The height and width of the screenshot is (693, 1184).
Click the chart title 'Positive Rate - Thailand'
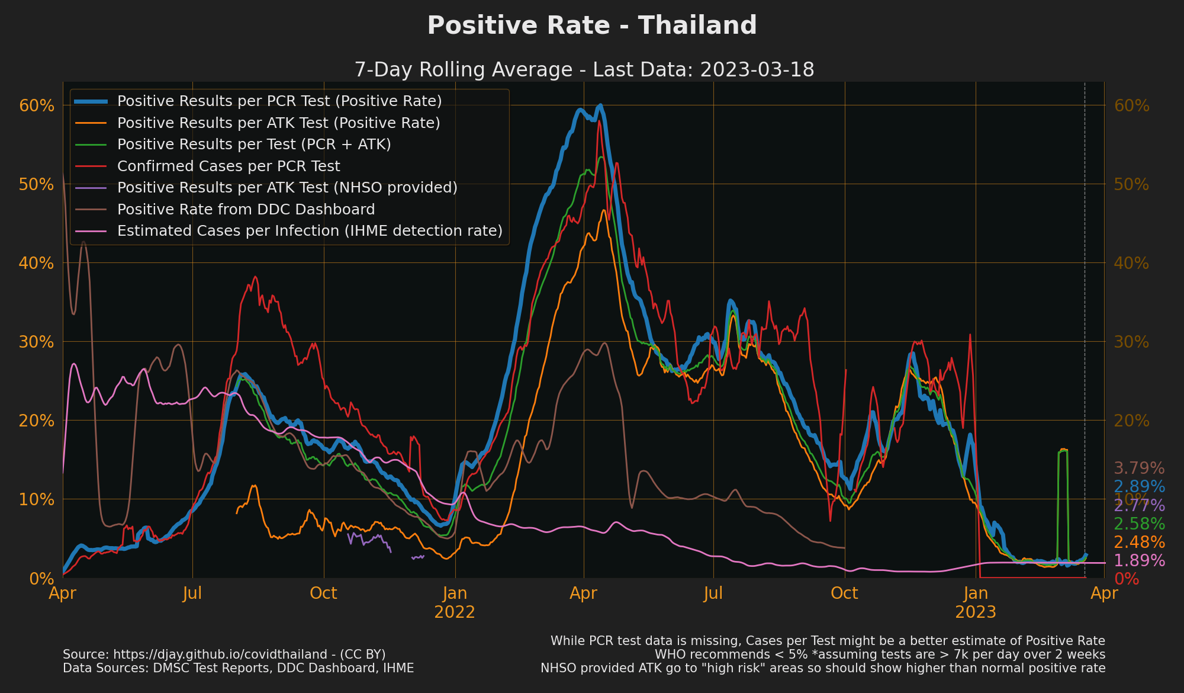(592, 26)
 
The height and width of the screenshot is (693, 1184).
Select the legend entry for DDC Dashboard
(246, 210)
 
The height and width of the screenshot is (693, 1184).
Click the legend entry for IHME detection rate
(310, 231)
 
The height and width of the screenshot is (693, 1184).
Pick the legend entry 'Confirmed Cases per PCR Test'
(229, 166)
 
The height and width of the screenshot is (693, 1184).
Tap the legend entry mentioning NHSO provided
(287, 188)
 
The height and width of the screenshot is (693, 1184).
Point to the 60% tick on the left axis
(37, 106)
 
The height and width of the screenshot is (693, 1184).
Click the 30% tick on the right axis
(1131, 342)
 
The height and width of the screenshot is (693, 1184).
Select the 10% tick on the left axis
(37, 500)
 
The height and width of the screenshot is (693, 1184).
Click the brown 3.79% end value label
(1139, 469)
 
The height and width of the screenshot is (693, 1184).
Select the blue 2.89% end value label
(1139, 487)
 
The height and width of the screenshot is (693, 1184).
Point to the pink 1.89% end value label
(1139, 561)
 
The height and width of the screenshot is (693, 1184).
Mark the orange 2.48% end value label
(1139, 543)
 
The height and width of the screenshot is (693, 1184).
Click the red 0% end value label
(1127, 579)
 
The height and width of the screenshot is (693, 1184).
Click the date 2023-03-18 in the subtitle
(757, 70)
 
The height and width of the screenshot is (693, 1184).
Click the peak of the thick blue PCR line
(600, 105)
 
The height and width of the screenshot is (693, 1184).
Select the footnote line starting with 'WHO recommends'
(880, 654)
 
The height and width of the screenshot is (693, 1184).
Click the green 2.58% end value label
(1139, 524)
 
